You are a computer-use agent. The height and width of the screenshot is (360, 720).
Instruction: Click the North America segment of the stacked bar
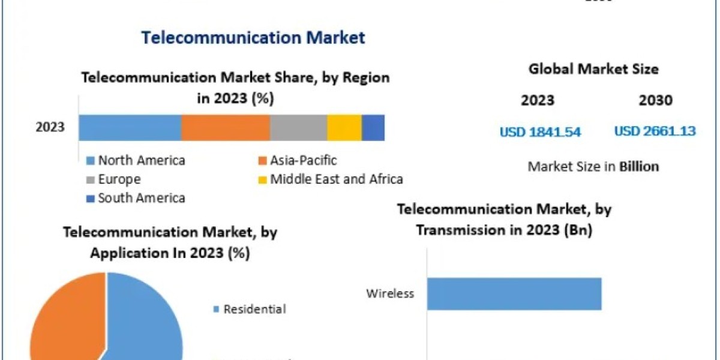coord(130,127)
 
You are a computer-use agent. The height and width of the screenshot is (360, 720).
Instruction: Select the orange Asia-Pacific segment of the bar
coord(226,127)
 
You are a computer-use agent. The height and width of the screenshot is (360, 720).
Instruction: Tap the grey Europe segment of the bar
coord(298,127)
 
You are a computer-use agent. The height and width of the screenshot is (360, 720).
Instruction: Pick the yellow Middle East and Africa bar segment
coord(344,127)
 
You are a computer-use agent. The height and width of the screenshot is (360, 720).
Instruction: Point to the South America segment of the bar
coord(373,127)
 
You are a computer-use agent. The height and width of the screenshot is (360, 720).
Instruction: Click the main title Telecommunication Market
coord(253,37)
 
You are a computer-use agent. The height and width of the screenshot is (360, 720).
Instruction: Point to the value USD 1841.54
coord(540,131)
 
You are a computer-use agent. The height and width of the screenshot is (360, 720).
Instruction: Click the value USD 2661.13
coord(655,131)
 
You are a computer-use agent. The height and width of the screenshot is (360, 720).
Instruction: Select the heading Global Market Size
coord(593,69)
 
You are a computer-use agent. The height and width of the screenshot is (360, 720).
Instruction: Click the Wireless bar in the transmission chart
coord(514,293)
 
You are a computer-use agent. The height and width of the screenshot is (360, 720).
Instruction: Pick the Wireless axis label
coord(391,293)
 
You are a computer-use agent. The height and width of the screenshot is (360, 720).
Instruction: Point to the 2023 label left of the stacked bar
coord(50,127)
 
